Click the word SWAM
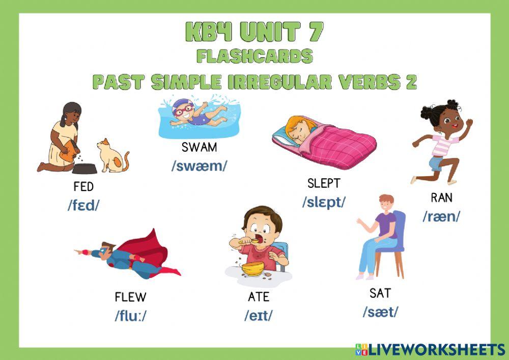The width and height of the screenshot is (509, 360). (x=199, y=148)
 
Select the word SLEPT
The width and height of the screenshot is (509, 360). (x=323, y=183)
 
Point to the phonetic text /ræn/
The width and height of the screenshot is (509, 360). (x=441, y=216)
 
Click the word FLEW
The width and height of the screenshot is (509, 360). (x=130, y=297)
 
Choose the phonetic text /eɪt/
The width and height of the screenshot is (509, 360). (x=258, y=315)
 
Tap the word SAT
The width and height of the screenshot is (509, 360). (x=380, y=293)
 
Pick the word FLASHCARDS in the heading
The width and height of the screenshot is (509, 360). (x=254, y=57)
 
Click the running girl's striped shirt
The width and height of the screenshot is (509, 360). (x=442, y=145)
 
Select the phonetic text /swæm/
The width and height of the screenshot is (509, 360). (x=199, y=167)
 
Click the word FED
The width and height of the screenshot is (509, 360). (x=83, y=187)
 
